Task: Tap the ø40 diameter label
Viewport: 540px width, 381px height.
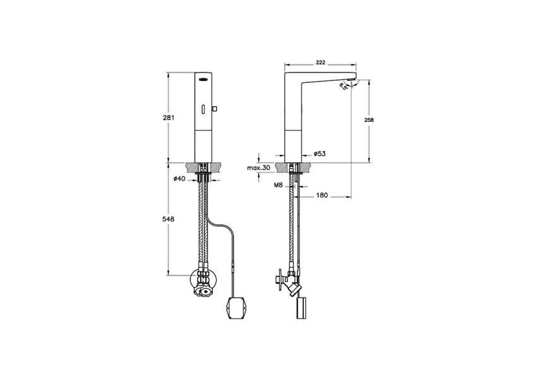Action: click(179, 179)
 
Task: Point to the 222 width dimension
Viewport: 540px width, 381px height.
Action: click(321, 62)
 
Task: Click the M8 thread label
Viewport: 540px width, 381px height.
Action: click(278, 186)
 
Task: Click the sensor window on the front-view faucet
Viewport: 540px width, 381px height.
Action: click(203, 109)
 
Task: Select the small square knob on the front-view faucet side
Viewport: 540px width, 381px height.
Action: click(216, 110)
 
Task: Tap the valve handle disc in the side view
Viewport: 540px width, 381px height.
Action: click(277, 279)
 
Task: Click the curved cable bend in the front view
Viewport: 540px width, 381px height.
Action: click(218, 226)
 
